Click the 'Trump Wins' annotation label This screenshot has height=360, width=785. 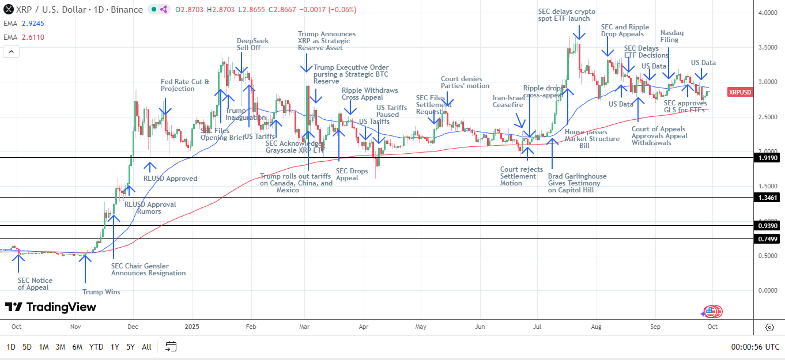click(x=101, y=292)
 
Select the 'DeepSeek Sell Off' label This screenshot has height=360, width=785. click(x=252, y=44)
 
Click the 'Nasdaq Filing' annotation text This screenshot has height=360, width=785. click(x=671, y=37)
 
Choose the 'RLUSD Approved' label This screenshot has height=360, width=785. click(x=170, y=179)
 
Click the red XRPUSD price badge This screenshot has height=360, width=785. click(x=739, y=92)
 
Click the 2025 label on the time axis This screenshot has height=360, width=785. click(x=192, y=326)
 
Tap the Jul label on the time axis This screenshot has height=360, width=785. click(x=537, y=326)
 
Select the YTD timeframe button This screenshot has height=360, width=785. click(x=96, y=347)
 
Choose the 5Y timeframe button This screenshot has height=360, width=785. click(x=130, y=347)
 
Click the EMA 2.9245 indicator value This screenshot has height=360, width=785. click(x=32, y=24)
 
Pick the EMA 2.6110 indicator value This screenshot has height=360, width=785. click(x=32, y=37)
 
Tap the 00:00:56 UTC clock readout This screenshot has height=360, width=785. click(x=755, y=347)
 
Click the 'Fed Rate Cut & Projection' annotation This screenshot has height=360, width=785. click(x=185, y=85)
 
